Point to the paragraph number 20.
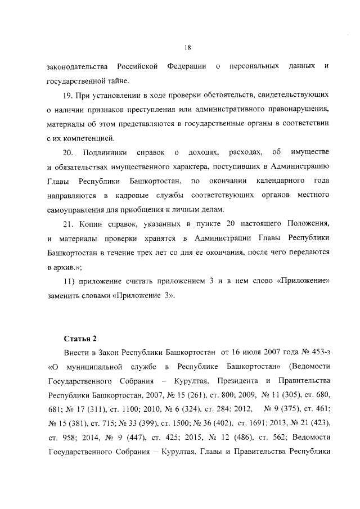click(67, 152)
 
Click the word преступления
click(169, 108)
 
